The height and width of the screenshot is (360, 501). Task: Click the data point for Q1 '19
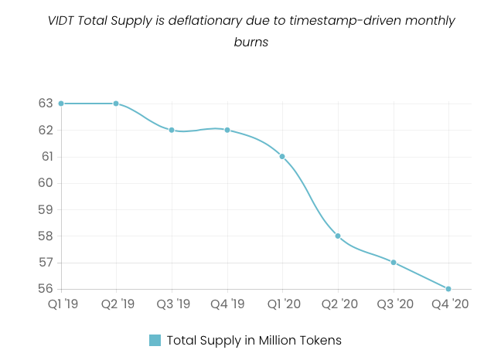(x=61, y=104)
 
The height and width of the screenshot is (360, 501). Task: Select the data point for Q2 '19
(x=116, y=104)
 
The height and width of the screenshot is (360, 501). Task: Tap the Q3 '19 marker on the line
(x=172, y=130)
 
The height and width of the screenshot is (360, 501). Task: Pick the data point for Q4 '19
(x=227, y=130)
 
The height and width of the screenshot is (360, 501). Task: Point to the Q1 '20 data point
(x=282, y=156)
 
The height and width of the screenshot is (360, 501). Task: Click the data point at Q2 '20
(x=338, y=236)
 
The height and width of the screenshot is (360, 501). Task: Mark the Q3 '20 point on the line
(x=394, y=263)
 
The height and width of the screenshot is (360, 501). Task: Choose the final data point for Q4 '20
(x=448, y=289)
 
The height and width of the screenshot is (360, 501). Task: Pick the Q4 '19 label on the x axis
(x=227, y=304)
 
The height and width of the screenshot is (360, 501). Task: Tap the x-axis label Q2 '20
(x=338, y=304)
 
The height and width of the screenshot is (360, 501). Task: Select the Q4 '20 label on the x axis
(x=449, y=304)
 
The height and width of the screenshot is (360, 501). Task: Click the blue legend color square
(x=155, y=340)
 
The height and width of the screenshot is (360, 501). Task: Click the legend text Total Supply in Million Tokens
(x=254, y=340)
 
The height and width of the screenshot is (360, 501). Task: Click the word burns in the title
(x=250, y=42)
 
